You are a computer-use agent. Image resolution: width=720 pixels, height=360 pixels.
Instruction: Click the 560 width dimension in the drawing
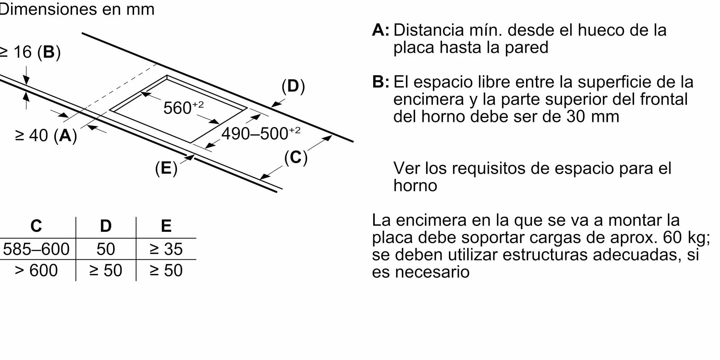(183, 108)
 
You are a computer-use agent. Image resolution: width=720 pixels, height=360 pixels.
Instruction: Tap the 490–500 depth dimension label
(261, 133)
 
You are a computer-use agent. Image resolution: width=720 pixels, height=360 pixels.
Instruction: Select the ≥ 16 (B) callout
(30, 52)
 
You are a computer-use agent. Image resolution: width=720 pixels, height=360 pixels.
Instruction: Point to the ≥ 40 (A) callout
(46, 135)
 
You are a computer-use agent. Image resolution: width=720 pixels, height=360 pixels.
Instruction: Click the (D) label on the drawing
(293, 86)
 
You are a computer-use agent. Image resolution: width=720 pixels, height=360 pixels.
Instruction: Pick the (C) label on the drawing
(296, 157)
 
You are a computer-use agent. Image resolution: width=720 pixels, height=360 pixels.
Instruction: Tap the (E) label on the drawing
(166, 168)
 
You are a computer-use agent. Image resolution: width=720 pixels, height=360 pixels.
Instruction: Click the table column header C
(36, 226)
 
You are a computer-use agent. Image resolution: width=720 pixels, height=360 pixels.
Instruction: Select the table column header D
(106, 226)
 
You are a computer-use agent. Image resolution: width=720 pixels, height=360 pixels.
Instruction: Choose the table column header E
(166, 226)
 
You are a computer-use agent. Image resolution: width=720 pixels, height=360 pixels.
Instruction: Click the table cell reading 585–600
(36, 249)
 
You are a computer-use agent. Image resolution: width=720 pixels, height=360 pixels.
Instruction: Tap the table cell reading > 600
(36, 271)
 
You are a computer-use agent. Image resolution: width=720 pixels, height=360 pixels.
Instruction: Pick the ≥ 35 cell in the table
(166, 249)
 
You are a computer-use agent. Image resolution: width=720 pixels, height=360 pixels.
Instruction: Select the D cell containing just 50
(106, 249)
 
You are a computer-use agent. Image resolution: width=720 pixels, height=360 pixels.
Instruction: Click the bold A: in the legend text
(381, 30)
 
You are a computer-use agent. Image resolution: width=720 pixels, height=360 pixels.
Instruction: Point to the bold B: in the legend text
(381, 82)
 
